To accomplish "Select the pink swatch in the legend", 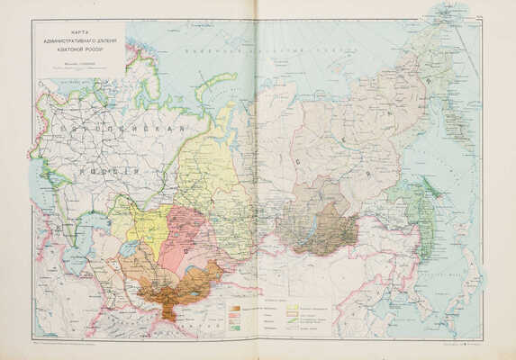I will [234, 313].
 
